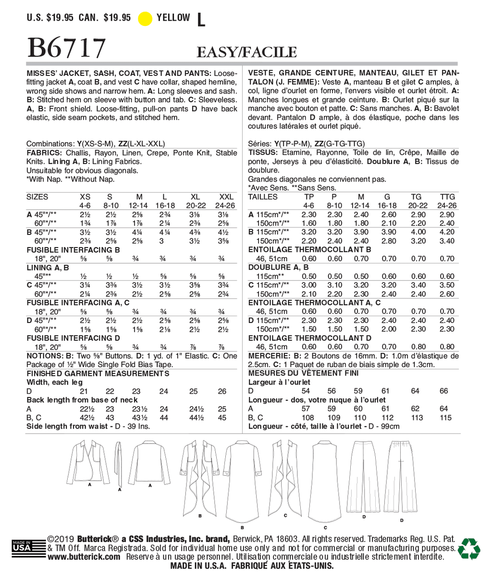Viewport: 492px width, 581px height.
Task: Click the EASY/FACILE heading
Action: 246,52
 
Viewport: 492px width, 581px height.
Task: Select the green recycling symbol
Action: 469,548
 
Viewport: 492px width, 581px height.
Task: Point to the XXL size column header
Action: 226,197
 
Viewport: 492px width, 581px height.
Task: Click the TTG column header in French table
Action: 447,197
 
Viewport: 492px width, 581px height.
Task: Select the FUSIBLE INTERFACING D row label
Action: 73,338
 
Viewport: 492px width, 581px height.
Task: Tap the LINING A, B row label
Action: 48,268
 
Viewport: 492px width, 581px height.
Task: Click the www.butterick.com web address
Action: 84,557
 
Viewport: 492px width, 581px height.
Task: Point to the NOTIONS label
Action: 45,356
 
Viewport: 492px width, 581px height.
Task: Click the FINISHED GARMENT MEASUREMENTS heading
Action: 98,373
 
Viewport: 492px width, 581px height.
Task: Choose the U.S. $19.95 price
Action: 50,18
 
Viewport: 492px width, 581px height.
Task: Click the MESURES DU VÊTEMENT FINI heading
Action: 303,373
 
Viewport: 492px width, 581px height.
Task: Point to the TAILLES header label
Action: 263,197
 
